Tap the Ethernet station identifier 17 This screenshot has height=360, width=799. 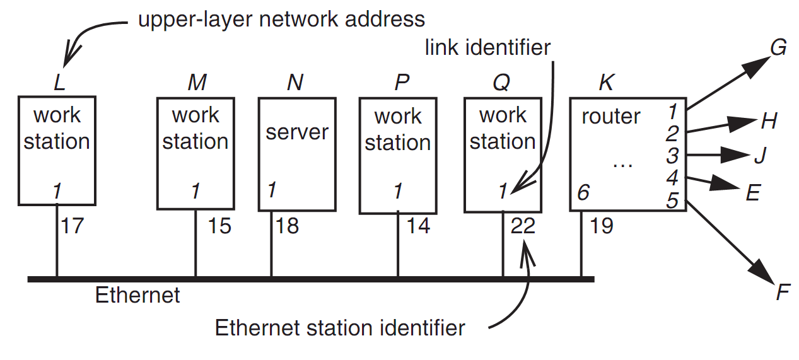73,225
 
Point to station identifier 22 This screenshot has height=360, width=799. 523,225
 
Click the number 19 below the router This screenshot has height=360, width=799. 602,225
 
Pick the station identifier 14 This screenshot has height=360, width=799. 418,225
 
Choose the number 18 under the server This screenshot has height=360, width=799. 287,225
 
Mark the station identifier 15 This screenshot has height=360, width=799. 219,225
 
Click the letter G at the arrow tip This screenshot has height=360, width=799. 778,48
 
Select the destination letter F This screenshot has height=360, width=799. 783,293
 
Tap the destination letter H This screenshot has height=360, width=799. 769,121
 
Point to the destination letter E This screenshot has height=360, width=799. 753,192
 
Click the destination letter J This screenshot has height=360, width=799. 759,155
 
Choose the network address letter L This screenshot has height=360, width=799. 59,83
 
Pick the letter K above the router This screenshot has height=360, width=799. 605,83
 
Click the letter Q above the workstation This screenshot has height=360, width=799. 501,83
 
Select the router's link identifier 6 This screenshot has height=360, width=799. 583,192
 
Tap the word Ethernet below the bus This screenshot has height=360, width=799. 137,294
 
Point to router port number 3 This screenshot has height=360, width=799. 672,155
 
